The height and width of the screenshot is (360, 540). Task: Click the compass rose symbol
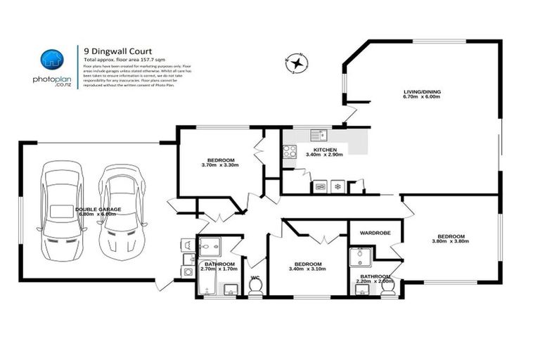[x=298, y=63]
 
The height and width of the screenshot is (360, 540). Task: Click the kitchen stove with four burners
[x=289, y=152]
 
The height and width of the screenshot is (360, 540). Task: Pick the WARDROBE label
[x=375, y=231]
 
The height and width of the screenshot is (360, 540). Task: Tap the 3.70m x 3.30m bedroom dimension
[x=221, y=165]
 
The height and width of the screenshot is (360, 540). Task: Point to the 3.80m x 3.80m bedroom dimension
[x=450, y=241]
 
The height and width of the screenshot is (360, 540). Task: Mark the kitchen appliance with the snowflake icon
[x=337, y=186]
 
